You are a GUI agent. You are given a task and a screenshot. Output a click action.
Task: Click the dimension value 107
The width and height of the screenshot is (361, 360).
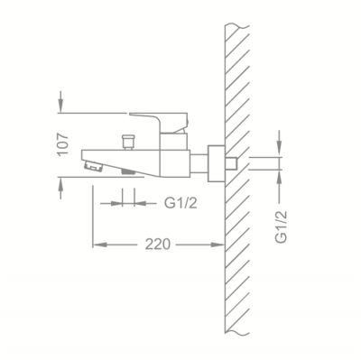[x=63, y=144]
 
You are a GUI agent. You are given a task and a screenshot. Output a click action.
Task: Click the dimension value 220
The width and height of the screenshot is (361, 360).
[x=158, y=245]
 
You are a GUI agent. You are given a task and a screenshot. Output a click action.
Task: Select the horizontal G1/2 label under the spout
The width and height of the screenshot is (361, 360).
[x=180, y=203]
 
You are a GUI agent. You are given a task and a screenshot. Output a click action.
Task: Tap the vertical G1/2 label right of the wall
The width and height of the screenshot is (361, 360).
[x=282, y=226]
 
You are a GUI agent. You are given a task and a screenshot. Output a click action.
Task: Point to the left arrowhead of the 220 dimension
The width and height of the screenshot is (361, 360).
[x=99, y=245]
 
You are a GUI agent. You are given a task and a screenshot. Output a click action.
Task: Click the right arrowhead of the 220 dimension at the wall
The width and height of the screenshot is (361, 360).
[x=218, y=245]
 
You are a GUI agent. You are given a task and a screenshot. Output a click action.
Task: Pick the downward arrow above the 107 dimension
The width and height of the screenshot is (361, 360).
[x=60, y=102]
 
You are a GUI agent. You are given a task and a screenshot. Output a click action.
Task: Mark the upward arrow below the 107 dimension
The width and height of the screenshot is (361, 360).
[x=60, y=188]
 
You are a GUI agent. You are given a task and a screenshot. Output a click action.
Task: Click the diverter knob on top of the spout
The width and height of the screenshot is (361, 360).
[x=128, y=142]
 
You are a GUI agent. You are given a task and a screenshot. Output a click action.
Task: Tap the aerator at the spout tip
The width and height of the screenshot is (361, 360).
[x=93, y=166]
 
